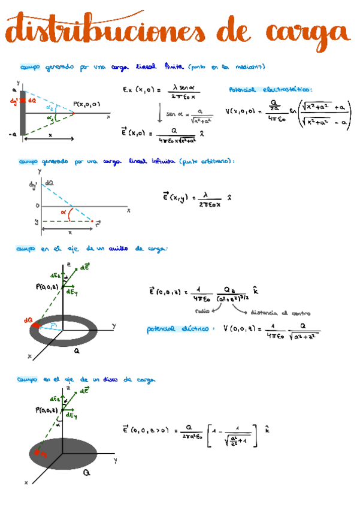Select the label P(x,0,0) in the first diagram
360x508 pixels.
(87, 104)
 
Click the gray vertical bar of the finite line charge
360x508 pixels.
(23, 114)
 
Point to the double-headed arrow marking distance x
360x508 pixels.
(50, 139)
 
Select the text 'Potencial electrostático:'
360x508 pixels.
(270, 90)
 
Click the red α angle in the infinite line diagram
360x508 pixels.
(63, 211)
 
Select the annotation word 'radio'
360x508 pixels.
(202, 311)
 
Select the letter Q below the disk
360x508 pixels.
(87, 473)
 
